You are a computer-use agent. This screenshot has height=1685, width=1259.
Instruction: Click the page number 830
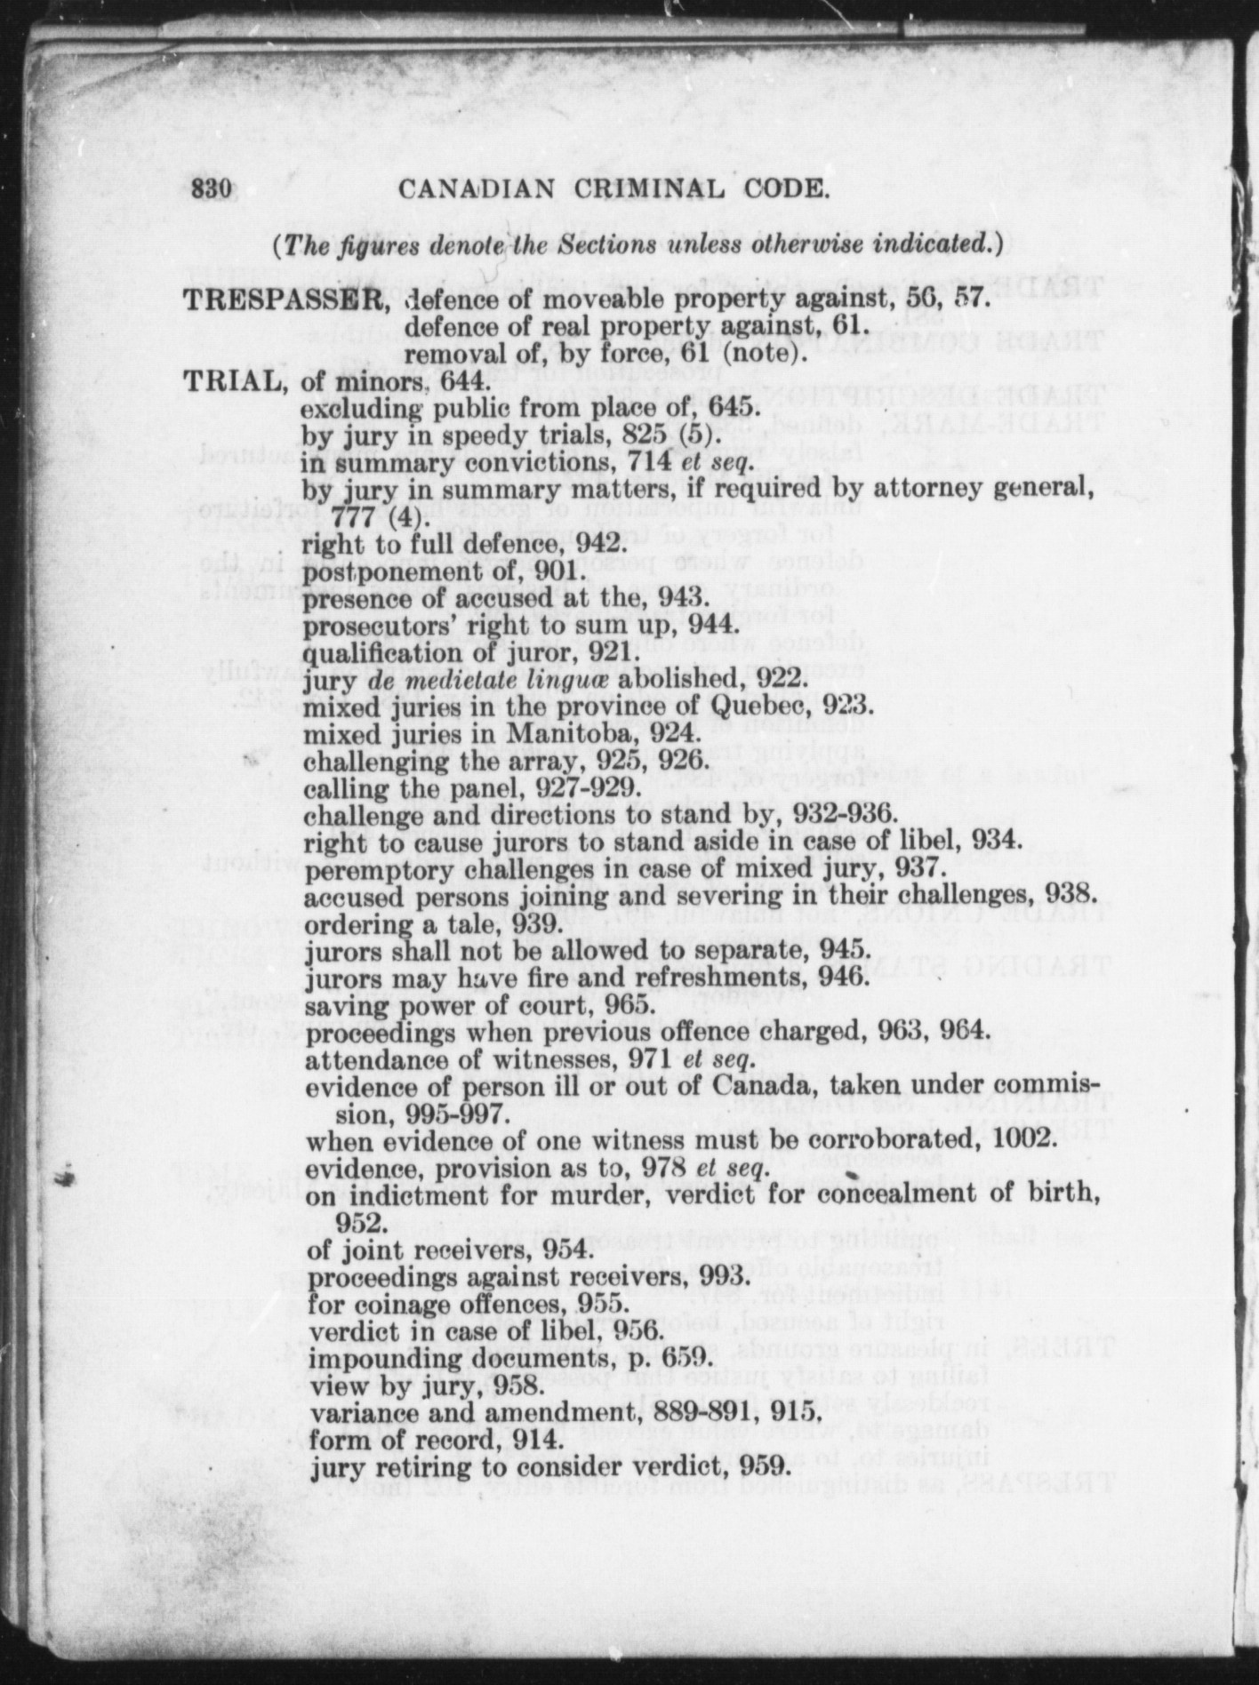tap(211, 189)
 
